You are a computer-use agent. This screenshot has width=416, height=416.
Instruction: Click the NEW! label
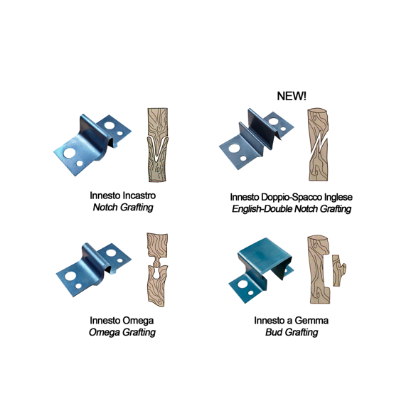click(x=292, y=96)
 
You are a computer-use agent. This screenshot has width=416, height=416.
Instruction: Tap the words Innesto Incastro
click(x=122, y=196)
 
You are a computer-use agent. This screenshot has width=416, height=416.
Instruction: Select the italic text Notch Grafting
click(x=123, y=207)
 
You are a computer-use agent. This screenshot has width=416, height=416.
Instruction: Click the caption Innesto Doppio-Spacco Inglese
click(x=291, y=197)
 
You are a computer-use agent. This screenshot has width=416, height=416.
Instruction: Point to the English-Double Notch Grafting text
click(x=292, y=209)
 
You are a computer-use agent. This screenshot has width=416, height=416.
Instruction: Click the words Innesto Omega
click(x=122, y=321)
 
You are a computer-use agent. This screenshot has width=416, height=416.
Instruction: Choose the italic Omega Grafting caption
click(x=122, y=332)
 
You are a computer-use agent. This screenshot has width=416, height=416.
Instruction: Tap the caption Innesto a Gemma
click(x=292, y=321)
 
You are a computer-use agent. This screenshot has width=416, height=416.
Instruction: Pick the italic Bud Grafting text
click(x=292, y=332)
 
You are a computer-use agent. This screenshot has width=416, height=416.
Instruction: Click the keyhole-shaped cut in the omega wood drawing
click(x=157, y=271)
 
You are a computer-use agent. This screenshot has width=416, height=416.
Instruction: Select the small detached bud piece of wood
click(x=338, y=270)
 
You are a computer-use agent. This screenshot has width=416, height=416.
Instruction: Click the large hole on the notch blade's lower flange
click(x=69, y=153)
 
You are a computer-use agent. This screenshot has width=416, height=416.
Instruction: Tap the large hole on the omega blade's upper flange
click(x=111, y=252)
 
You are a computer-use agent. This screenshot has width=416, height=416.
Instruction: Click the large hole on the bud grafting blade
click(x=242, y=284)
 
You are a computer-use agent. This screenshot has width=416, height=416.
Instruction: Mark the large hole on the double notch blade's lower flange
click(x=234, y=149)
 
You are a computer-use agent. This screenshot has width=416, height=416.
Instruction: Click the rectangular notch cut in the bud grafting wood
click(x=326, y=271)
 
